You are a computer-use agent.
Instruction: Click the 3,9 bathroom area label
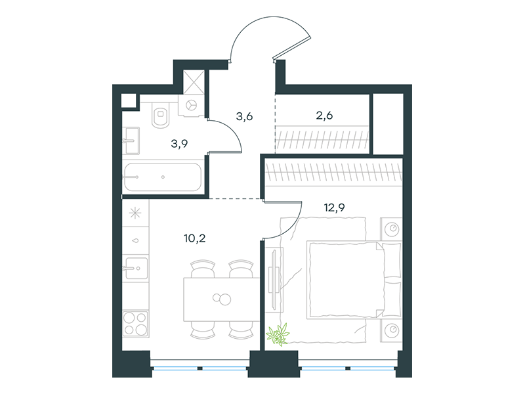click(179, 144)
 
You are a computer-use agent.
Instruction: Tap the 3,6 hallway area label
click(244, 117)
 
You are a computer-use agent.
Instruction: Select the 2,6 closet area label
click(324, 116)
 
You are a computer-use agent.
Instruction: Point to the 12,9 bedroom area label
click(334, 208)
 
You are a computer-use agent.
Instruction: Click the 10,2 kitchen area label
click(194, 238)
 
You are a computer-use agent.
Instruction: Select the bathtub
click(163, 177)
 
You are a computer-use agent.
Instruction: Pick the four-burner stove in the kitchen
click(135, 324)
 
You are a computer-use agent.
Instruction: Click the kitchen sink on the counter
click(135, 268)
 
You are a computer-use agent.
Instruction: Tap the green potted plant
click(278, 334)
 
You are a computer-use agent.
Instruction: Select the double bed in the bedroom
click(354, 280)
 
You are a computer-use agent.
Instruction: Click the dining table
click(222, 299)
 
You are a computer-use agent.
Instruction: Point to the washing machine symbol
click(192, 105)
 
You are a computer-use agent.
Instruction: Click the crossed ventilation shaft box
click(194, 81)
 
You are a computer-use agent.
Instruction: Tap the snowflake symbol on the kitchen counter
click(135, 213)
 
